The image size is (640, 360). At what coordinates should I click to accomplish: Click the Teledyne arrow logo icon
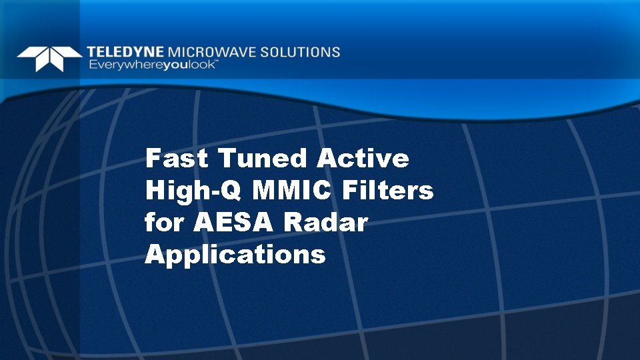49,58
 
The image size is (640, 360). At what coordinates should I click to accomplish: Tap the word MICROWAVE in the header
210,52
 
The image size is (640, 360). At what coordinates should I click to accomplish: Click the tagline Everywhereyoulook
151,65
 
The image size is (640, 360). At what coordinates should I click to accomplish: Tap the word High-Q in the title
193,191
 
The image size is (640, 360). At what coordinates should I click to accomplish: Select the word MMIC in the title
292,191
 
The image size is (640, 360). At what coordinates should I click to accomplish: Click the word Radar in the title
325,223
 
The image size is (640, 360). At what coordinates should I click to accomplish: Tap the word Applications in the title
235,255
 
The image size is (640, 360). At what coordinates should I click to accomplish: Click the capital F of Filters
349,191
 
